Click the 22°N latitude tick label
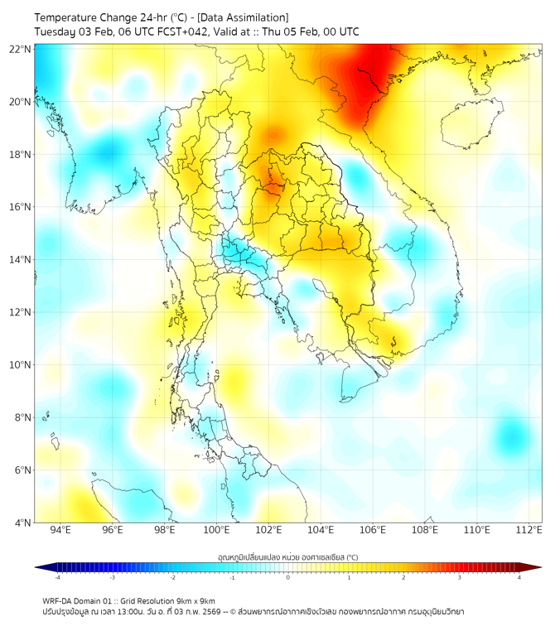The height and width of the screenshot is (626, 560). coord(21,49)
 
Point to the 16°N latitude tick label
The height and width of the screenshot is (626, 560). coord(21,207)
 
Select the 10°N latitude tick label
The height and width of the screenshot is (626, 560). coord(21,365)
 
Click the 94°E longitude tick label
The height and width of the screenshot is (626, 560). coord(60,530)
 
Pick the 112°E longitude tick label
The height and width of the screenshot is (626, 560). coord(529,530)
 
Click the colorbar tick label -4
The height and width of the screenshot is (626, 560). coord(56,577)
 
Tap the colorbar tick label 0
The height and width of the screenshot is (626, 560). coord(288,577)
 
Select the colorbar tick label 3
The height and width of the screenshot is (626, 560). coord(461,577)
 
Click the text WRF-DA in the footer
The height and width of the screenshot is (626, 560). coord(56,600)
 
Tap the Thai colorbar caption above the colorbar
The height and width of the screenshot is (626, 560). coord(287,557)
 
